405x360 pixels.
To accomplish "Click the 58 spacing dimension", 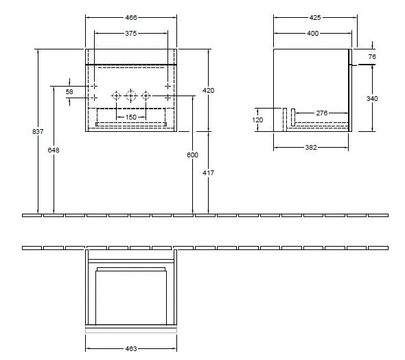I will pyautogui.click(x=69, y=91).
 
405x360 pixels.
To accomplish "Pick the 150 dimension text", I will pyautogui.click(x=130, y=117).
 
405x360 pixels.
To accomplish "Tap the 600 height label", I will pyautogui.click(x=192, y=155).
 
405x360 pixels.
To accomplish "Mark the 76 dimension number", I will pyautogui.click(x=372, y=56).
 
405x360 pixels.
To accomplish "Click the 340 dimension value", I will pyautogui.click(x=372, y=98).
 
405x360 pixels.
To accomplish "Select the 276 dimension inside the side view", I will pyautogui.click(x=321, y=113).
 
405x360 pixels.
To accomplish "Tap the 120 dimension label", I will pyautogui.click(x=258, y=119).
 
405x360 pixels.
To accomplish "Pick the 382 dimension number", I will pyautogui.click(x=311, y=147).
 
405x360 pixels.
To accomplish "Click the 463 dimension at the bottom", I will pyautogui.click(x=130, y=349).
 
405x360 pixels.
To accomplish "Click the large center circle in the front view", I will pyautogui.click(x=130, y=95).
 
